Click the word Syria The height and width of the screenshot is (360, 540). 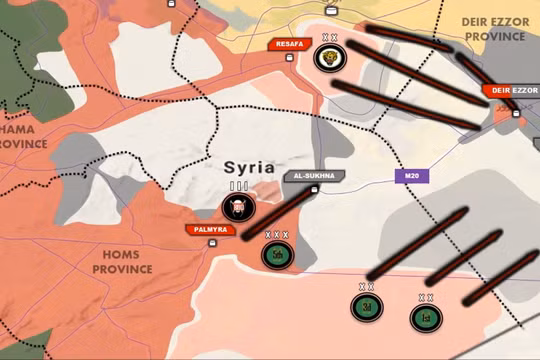(x=248, y=167)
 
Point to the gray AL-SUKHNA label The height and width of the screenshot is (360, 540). (x=313, y=175)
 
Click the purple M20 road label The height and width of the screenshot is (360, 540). (x=410, y=176)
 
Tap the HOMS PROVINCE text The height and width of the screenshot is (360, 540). (x=122, y=262)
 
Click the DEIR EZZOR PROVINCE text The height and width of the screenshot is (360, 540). (x=493, y=28)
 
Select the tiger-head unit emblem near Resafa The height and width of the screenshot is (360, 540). (x=327, y=57)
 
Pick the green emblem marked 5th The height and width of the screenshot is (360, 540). (x=276, y=254)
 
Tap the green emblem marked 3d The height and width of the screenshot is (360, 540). (x=367, y=306)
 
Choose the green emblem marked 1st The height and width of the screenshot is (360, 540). (x=425, y=318)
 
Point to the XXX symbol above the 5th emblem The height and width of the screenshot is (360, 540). (x=276, y=235)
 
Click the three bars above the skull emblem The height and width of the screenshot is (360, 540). (x=238, y=186)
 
